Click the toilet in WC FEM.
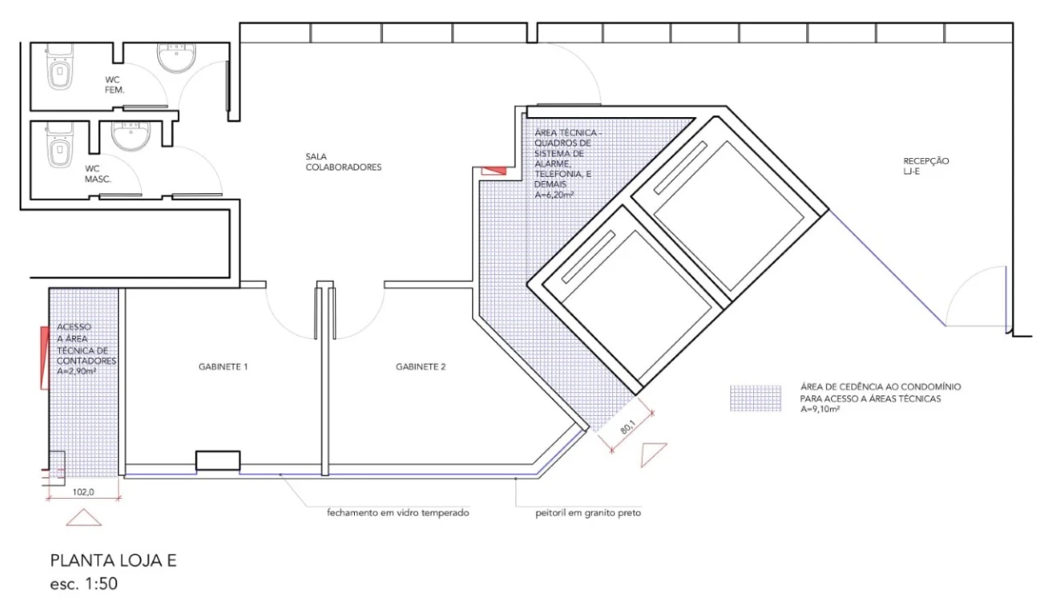(61, 67)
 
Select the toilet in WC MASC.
(60, 145)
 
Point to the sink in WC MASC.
(131, 136)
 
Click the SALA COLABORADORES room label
(344, 162)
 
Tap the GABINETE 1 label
(223, 366)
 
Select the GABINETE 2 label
(421, 366)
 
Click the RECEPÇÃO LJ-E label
(926, 166)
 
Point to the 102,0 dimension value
(84, 492)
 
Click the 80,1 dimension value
(628, 427)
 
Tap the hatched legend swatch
(756, 398)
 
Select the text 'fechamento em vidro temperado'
(398, 512)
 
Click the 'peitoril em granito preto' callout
(588, 513)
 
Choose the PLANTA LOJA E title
(114, 560)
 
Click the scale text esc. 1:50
(84, 583)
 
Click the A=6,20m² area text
(554, 195)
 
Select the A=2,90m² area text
(76, 372)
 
